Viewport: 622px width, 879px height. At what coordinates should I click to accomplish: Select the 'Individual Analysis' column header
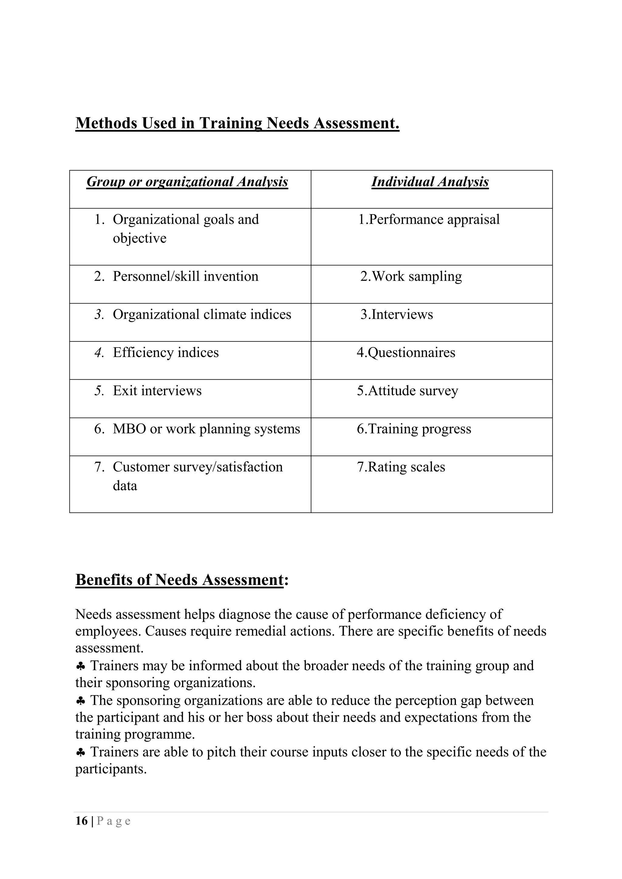click(430, 182)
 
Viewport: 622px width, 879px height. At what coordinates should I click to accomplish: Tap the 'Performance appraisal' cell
click(429, 220)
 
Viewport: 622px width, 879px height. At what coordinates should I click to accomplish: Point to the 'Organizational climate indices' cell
click(202, 315)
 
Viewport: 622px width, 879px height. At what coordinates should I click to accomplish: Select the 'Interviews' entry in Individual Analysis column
click(397, 315)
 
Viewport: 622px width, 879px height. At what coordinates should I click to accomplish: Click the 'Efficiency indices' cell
click(166, 353)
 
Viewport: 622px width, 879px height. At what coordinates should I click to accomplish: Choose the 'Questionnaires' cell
click(406, 353)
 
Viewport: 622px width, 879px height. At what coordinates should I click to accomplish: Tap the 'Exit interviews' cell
click(157, 391)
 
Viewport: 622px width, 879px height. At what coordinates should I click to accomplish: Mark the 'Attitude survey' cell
click(408, 391)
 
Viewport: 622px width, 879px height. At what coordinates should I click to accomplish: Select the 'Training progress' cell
click(414, 429)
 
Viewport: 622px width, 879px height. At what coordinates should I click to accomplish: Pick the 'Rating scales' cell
click(401, 467)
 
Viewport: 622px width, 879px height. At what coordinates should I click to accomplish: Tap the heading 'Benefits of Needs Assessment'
click(179, 580)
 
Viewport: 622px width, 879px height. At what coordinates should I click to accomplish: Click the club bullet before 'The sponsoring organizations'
click(80, 701)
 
